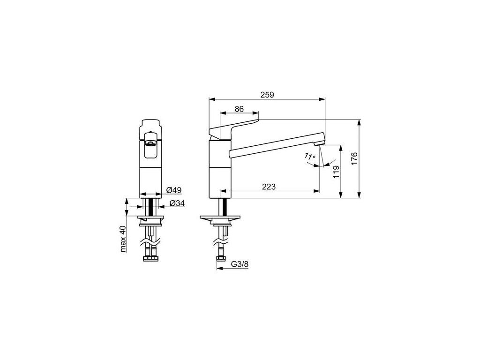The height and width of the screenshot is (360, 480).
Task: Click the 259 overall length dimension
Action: (267, 95)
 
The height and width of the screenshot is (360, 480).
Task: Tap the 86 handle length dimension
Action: (239, 109)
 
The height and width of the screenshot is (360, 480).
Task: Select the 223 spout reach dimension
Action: (269, 187)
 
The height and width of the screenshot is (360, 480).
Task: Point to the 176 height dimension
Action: (354, 158)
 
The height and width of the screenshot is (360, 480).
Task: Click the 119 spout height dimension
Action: (336, 172)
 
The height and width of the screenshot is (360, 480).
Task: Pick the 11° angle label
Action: (310, 156)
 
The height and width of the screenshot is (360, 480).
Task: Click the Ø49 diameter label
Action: (174, 190)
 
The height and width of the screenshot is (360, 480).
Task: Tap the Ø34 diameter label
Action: (177, 203)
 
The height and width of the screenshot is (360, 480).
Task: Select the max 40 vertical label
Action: (123, 239)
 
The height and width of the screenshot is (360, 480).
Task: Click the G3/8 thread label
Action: (240, 264)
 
